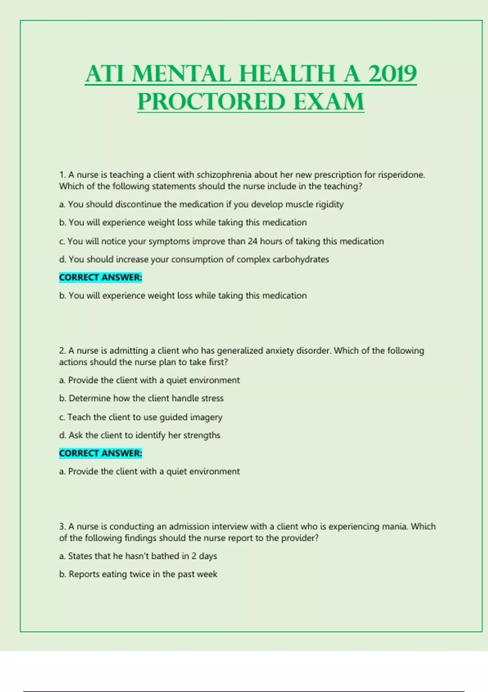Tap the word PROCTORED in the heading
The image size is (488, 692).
pyautogui.click(x=211, y=101)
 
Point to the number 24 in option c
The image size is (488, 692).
pyautogui.click(x=252, y=241)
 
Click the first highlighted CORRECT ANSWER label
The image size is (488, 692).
pyautogui.click(x=100, y=278)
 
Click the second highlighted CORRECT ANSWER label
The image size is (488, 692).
pyautogui.click(x=100, y=453)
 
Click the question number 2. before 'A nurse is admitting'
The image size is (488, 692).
pyautogui.click(x=63, y=350)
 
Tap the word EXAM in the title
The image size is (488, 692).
pyautogui.click(x=329, y=101)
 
